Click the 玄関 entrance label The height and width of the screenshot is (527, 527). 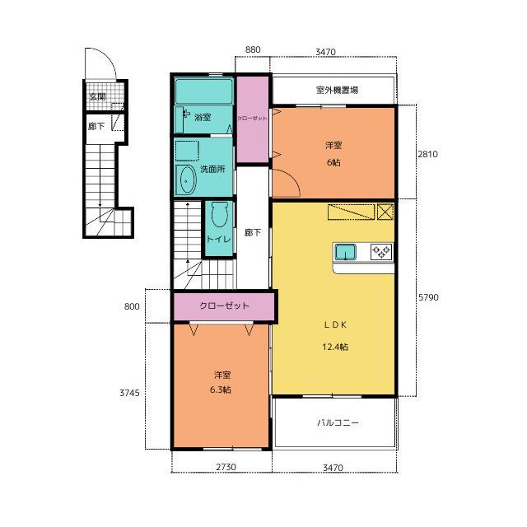point(97,96)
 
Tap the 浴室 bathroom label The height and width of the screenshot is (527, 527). point(203,117)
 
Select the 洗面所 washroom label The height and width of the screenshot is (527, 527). point(212,169)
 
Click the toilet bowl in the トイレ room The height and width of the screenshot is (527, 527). point(220,214)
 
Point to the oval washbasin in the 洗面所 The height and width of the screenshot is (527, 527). point(187,180)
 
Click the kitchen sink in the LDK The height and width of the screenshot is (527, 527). point(346,253)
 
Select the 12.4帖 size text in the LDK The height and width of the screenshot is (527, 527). point(335,347)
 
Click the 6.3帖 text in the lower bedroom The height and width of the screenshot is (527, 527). point(221,389)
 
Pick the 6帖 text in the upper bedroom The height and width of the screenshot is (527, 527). point(333,162)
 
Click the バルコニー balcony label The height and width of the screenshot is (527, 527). point(338,422)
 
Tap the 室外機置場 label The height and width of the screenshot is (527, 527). point(337,90)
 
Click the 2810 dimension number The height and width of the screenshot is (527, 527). point(428,154)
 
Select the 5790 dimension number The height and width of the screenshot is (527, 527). point(428,297)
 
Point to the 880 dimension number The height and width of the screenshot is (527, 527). point(253,49)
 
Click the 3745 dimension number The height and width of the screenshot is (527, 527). point(130,393)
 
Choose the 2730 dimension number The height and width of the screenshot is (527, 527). point(226,467)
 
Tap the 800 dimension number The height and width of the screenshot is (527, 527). point(132,306)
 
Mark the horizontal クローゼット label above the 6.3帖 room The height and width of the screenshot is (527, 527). point(224,305)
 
